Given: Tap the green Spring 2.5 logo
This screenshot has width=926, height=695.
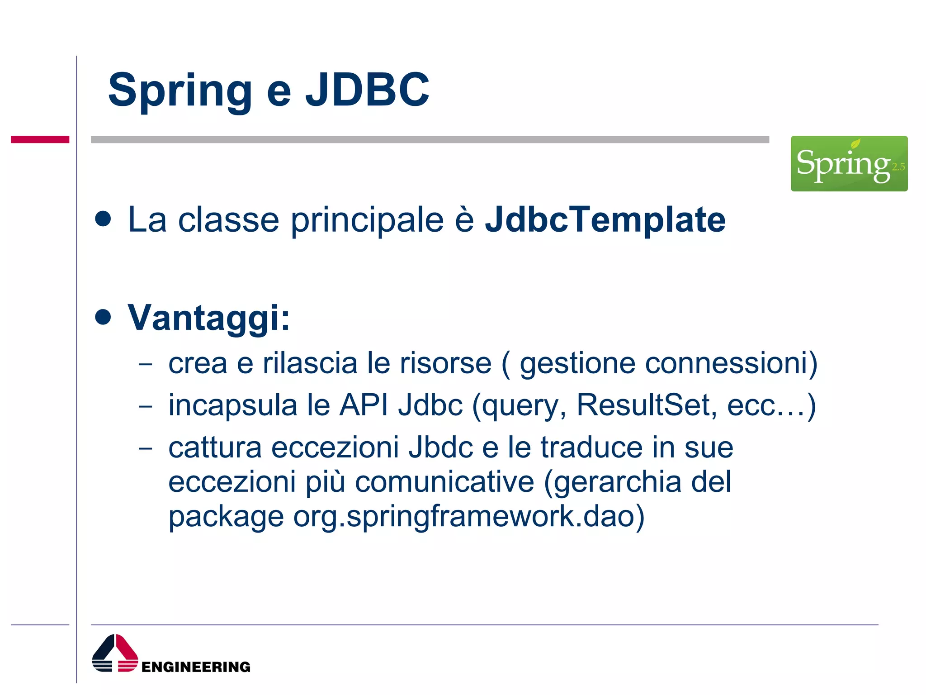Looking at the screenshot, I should click(849, 163).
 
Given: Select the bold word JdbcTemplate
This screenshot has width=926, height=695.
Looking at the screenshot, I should click(605, 220).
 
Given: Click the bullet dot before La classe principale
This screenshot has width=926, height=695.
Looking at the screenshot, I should click(103, 219).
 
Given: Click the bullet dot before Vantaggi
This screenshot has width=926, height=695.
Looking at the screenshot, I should click(103, 317).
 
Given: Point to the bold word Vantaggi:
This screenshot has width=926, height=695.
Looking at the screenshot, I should click(208, 318).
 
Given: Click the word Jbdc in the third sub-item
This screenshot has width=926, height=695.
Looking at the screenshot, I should click(440, 447).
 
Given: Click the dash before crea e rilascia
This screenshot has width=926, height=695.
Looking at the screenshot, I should click(146, 364).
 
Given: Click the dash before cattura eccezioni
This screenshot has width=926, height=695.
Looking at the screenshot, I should click(146, 448).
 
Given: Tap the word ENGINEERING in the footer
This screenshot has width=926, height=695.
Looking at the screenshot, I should click(196, 667).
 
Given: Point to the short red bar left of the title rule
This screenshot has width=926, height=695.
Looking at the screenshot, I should click(40, 139).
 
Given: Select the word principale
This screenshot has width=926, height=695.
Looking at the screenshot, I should click(367, 220).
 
